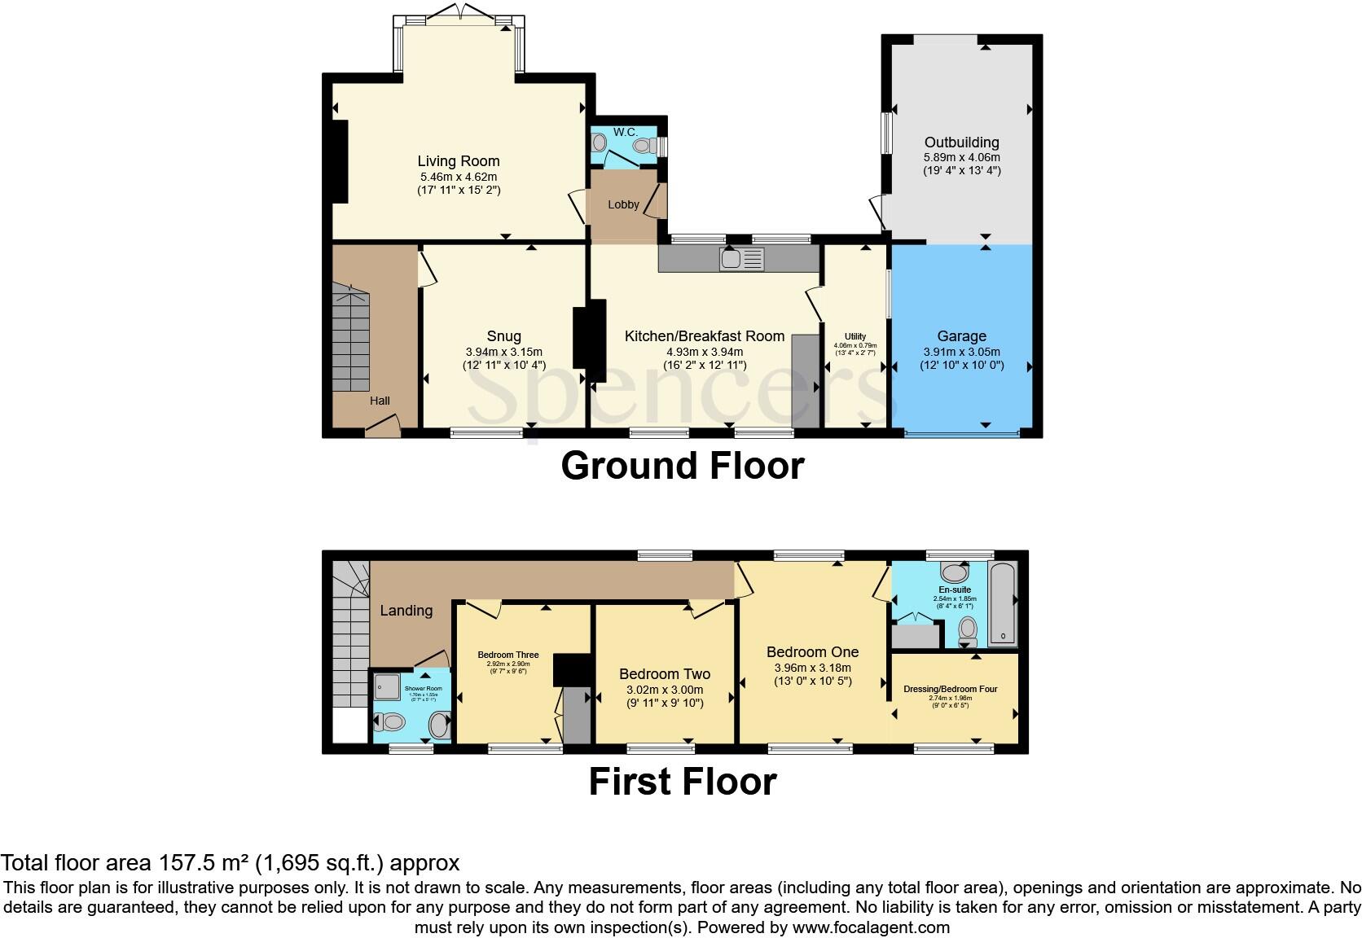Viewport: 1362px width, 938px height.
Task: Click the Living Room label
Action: click(458, 161)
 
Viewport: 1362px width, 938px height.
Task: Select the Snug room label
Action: click(503, 336)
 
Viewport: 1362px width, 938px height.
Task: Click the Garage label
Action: click(961, 336)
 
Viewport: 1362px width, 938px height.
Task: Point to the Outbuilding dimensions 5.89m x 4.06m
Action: click(961, 157)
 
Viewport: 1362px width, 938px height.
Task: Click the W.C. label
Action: click(626, 132)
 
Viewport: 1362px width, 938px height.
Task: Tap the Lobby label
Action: click(623, 205)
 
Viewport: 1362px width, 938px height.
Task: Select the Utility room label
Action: click(855, 336)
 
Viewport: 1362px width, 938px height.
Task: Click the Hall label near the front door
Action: click(380, 401)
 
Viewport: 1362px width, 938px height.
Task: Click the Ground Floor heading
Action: click(682, 466)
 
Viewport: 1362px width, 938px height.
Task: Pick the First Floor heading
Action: click(682, 782)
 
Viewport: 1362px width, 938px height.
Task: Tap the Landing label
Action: click(406, 611)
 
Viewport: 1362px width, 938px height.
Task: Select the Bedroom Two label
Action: click(664, 674)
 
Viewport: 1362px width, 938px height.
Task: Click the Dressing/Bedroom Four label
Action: click(950, 689)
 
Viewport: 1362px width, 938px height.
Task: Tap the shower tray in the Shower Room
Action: click(385, 688)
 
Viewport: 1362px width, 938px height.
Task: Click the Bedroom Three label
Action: click(507, 655)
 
